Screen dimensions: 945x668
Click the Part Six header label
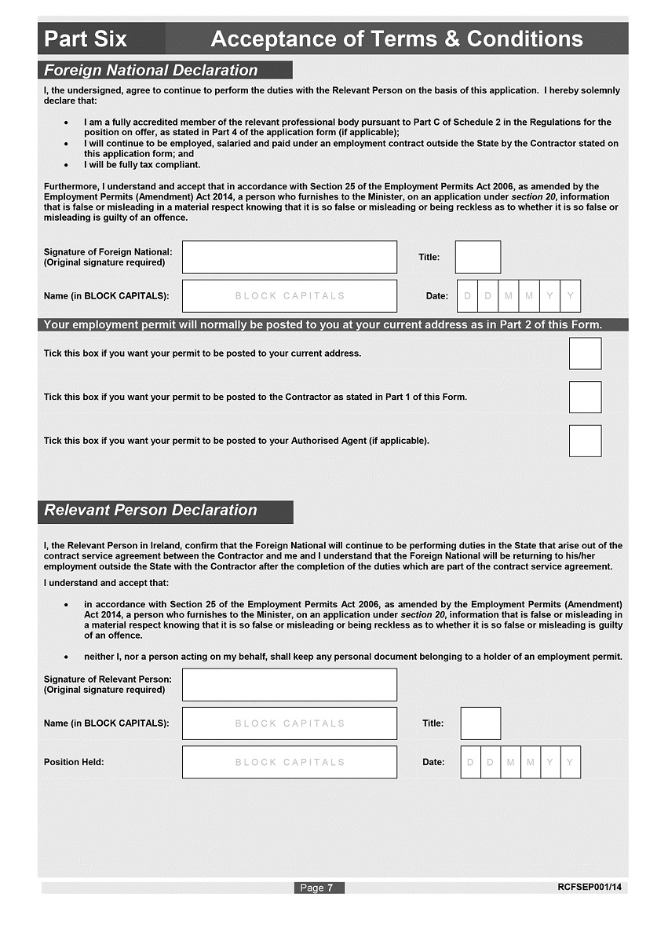(x=86, y=38)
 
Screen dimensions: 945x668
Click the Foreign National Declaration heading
(x=151, y=70)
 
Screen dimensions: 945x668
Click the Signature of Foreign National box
(x=290, y=257)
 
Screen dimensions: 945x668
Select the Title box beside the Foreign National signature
(x=477, y=257)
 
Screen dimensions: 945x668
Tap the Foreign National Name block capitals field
(x=290, y=296)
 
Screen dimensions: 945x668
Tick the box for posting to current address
(x=585, y=353)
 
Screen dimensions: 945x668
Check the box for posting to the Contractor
(x=585, y=397)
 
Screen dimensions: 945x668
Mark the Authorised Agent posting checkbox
(x=585, y=441)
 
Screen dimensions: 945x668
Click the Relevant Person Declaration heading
(x=151, y=511)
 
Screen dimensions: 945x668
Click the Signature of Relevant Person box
(x=290, y=684)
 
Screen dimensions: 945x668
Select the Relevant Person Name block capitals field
(x=290, y=723)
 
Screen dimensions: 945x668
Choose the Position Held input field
(x=290, y=762)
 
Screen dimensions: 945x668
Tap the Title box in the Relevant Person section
(x=480, y=723)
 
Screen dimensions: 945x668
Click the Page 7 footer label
(x=319, y=888)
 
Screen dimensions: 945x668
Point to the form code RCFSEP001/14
(x=590, y=887)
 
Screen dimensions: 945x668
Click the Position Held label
(x=74, y=762)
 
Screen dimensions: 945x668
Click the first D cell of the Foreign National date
(x=469, y=296)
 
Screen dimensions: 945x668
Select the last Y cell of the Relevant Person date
(x=571, y=762)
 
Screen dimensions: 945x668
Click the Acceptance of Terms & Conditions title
(x=396, y=38)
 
